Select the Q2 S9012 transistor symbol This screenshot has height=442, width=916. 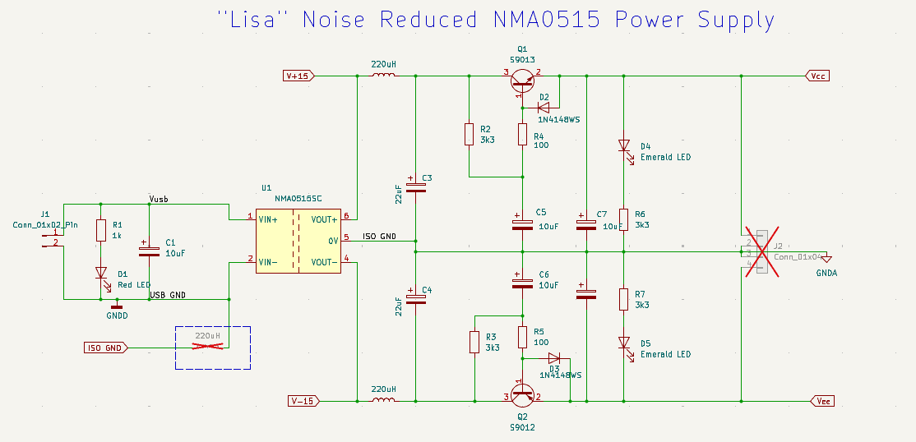point(522,397)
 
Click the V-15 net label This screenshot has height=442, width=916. point(302,402)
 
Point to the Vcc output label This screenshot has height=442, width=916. point(817,76)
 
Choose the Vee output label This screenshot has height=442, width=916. point(821,402)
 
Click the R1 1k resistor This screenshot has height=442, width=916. point(101,230)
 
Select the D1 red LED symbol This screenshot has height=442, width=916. point(101,273)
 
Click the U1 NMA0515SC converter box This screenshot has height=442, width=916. point(298,240)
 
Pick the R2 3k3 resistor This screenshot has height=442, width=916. point(469,134)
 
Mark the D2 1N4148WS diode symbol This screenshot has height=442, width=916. point(544,106)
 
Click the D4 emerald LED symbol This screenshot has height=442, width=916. point(623,145)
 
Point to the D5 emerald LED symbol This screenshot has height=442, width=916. point(623,343)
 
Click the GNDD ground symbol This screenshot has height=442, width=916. point(117,305)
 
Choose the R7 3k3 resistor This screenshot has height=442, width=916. point(623,299)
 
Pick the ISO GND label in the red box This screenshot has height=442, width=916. point(104,348)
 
